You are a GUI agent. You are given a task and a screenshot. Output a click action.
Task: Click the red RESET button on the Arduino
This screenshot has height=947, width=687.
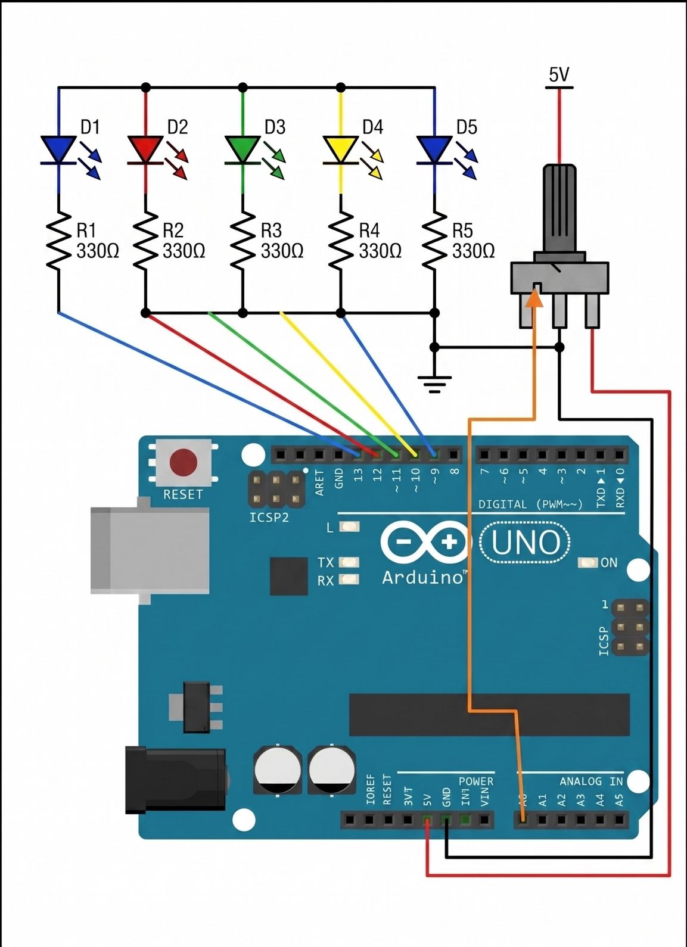tap(183, 462)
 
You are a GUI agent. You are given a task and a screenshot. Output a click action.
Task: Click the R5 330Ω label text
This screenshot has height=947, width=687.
tap(473, 241)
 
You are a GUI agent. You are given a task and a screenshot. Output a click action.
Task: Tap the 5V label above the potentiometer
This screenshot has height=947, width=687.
tap(559, 75)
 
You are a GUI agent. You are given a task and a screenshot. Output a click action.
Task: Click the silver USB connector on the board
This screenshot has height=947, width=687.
tap(149, 550)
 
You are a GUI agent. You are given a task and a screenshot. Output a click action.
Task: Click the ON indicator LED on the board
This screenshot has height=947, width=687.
tap(588, 563)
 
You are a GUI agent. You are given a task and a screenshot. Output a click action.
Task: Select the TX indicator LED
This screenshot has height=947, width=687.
tap(349, 562)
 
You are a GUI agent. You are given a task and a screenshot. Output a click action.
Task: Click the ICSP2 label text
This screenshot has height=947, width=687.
tap(269, 518)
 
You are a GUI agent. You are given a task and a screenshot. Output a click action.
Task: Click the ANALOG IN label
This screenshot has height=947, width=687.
tap(590, 781)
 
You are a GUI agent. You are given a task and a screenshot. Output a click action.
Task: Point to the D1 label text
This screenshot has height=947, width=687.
tap(90, 127)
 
